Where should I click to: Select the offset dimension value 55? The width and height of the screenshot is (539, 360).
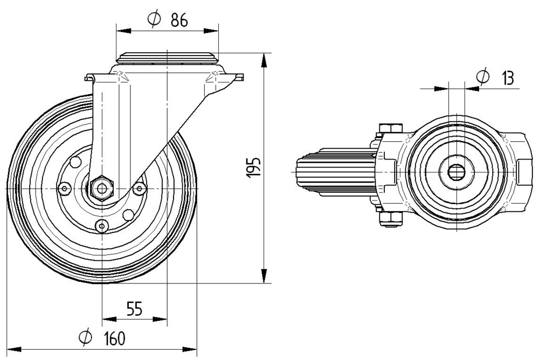tap(134, 309)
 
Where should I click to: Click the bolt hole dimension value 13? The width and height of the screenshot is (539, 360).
tap(507, 78)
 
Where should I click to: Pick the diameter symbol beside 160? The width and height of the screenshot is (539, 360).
tap(85, 338)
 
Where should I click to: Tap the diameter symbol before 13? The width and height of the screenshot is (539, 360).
tap(483, 78)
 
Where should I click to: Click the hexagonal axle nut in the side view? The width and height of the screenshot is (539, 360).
tap(101, 188)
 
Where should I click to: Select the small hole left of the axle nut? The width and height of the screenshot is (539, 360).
tap(65, 188)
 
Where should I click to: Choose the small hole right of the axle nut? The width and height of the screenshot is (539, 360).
tap(140, 188)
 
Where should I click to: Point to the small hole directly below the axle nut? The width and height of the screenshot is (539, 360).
tap(102, 225)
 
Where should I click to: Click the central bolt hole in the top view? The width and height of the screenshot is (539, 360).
tap(456, 172)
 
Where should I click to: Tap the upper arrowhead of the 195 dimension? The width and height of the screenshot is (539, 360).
tap(265, 60)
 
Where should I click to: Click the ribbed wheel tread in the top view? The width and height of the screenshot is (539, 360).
tap(334, 172)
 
